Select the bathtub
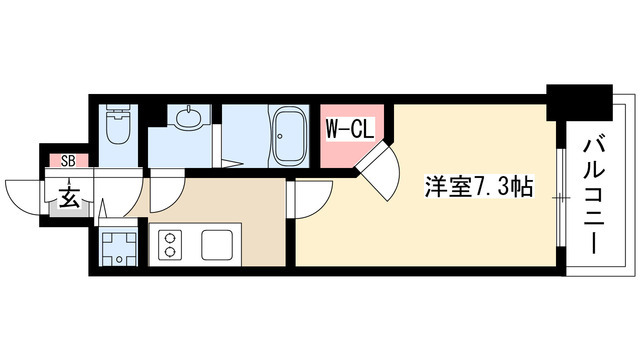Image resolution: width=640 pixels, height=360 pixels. [x=291, y=132]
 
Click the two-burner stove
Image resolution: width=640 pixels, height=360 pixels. [x=168, y=245]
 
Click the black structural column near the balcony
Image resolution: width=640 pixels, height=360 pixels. [x=580, y=101]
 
